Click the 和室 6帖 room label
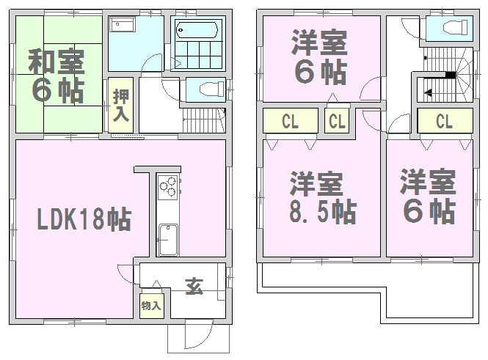coord(57,76)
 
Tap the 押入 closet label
coord(120,105)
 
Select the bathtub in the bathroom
coord(197,30)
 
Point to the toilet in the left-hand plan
coord(206,89)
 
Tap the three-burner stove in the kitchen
coord(167,187)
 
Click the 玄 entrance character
coord(194,287)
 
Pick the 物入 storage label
coord(151,305)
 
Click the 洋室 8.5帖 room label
coord(321,197)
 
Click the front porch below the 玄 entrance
coord(198,337)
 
